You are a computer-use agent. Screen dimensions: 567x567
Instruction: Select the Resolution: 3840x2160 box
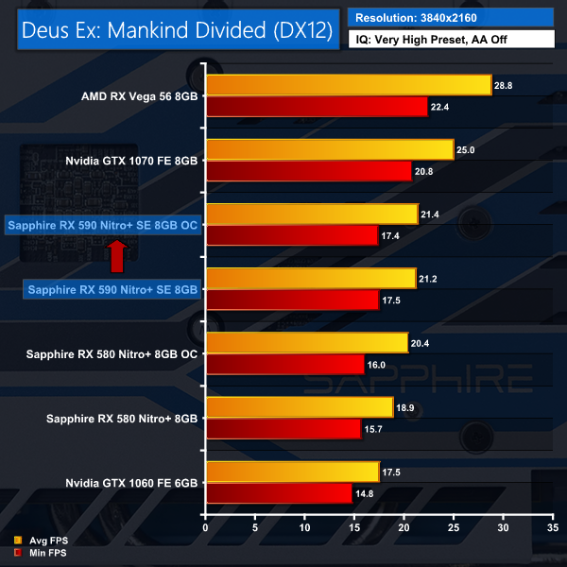[452, 17]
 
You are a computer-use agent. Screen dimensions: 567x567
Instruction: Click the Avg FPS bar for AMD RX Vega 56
[348, 85]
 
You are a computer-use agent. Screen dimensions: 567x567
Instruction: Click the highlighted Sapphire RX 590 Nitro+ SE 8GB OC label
[102, 225]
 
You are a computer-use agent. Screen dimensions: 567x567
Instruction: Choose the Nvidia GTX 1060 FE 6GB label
[131, 482]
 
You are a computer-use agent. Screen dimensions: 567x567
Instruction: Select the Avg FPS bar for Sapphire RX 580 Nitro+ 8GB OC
[306, 342]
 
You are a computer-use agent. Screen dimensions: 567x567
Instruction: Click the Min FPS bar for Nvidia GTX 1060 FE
[279, 492]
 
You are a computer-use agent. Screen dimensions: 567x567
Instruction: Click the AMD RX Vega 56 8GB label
[141, 96]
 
